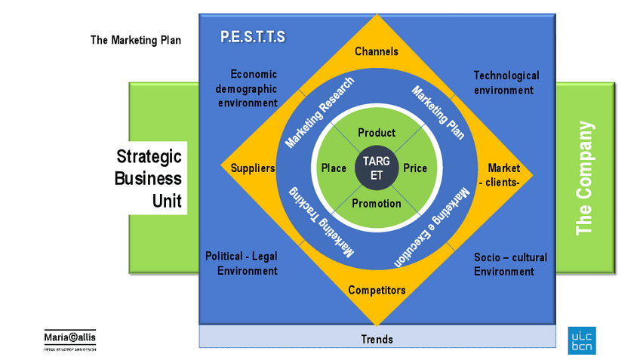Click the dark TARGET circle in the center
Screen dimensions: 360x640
point(377,168)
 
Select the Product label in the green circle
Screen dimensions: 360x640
point(377,133)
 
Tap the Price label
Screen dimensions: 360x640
point(415,168)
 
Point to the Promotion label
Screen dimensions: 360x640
point(377,203)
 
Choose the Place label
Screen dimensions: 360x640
point(334,168)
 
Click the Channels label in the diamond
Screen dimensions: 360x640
point(377,51)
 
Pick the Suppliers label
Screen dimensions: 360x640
point(252,168)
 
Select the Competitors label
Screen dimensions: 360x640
point(377,290)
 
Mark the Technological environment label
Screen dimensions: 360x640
point(506,83)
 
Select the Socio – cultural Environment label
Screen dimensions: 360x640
point(510,264)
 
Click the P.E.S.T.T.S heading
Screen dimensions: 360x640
point(253,36)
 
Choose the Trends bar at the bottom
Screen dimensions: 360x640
point(377,339)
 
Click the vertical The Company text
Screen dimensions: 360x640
point(585,178)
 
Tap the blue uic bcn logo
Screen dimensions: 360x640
point(581,340)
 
